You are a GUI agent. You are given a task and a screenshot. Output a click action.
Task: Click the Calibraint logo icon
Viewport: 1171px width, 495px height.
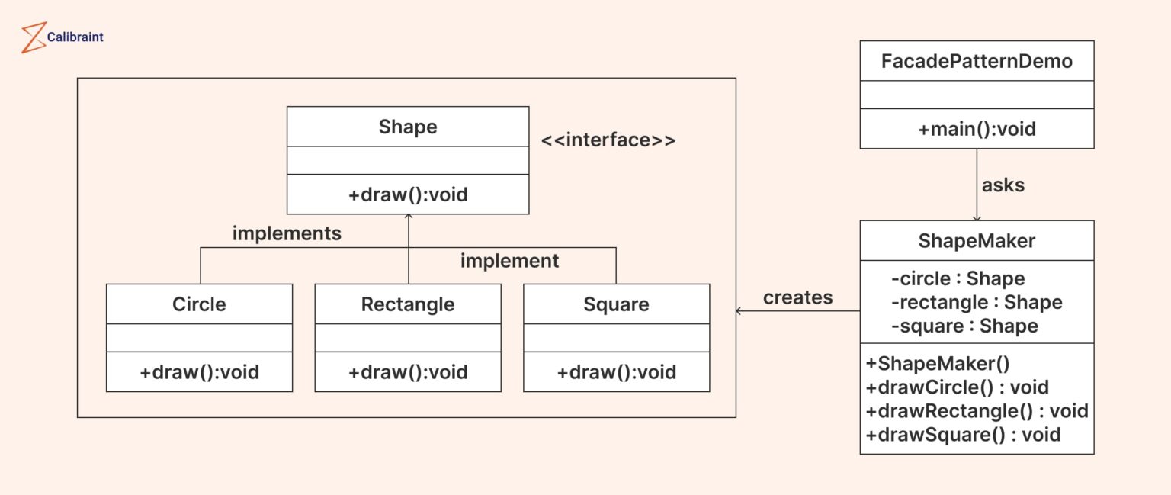pos(34,37)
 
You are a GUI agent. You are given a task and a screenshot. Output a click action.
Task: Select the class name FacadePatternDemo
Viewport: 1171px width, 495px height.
pos(977,61)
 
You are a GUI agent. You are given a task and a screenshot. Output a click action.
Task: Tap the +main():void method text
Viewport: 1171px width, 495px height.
pos(977,129)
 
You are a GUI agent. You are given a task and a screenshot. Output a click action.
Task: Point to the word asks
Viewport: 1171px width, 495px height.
pos(1003,185)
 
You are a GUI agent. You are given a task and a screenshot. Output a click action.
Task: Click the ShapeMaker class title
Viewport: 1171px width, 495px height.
pos(977,241)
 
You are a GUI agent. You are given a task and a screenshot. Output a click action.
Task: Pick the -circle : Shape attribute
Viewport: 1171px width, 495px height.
pos(958,278)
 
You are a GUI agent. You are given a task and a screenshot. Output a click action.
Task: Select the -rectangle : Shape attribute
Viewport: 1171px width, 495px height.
pos(976,302)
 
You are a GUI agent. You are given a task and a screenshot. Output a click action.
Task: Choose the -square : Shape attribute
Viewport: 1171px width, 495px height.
pos(964,326)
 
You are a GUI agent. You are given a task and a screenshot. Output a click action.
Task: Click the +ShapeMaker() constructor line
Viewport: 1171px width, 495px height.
pos(938,363)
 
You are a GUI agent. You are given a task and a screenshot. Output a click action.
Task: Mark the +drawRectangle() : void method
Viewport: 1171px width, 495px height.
pos(977,411)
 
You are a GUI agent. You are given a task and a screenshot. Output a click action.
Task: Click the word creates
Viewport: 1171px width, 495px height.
pos(797,297)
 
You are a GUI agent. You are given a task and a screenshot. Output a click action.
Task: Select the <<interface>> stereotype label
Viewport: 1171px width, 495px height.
pos(608,140)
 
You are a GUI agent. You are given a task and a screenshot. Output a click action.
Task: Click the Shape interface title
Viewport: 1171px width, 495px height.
pos(408,127)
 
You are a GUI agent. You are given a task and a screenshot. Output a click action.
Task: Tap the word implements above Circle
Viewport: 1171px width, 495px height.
pos(287,233)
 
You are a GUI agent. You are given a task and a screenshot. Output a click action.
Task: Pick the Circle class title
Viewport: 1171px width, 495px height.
pos(199,304)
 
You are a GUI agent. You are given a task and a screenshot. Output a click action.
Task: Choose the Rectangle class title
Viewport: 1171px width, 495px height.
pos(408,304)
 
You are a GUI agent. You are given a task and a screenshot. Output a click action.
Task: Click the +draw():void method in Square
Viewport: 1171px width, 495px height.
pos(616,372)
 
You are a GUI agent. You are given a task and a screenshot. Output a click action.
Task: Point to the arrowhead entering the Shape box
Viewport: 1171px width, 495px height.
pos(409,217)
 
